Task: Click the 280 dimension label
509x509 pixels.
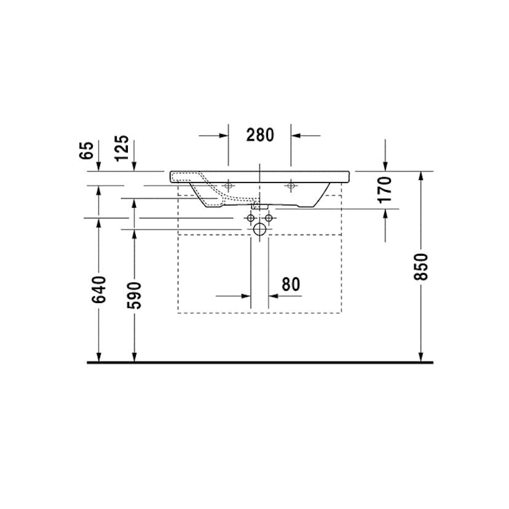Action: (260, 135)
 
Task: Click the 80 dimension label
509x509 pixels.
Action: (290, 284)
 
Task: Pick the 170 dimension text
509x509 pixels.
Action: (385, 189)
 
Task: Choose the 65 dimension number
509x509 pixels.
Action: (87, 150)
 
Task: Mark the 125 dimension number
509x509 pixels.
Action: (122, 148)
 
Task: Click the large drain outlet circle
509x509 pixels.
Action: (260, 230)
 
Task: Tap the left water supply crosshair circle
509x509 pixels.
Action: (251, 218)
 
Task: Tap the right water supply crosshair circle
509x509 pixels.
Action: (269, 218)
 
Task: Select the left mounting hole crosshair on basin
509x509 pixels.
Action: (228, 185)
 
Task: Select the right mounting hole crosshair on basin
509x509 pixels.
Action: (291, 185)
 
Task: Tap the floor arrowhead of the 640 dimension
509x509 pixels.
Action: (98, 357)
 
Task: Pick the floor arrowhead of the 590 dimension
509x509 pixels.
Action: (134, 357)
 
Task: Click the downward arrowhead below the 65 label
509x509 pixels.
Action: (98, 166)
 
